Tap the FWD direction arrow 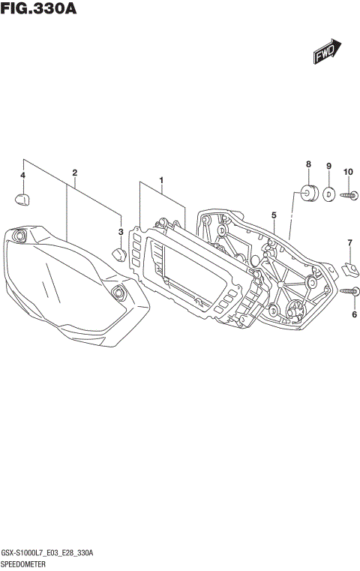click(x=327, y=53)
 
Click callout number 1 click(x=160, y=180)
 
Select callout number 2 click(x=75, y=173)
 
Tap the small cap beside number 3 click(x=118, y=254)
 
